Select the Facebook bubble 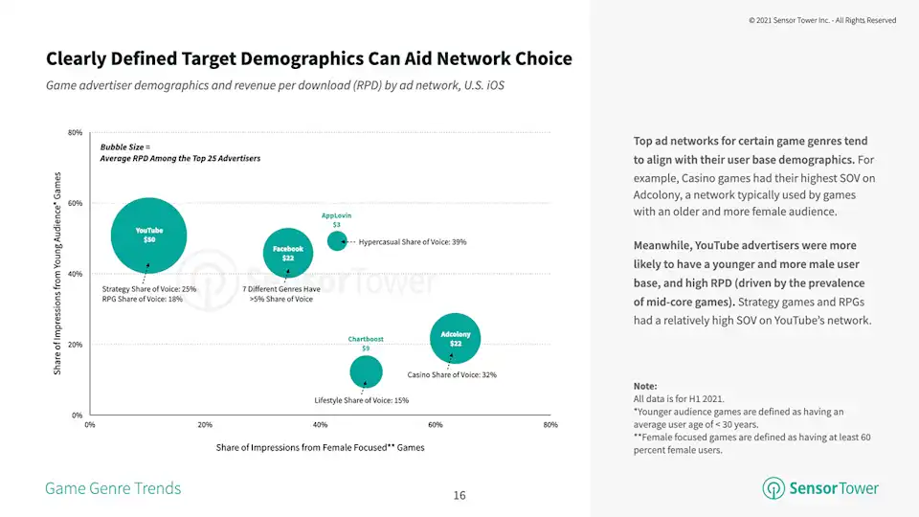pos(287,253)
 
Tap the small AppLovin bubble pos(337,241)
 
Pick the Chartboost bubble pos(366,371)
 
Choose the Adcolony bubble pos(456,339)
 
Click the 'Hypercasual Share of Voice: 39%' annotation pos(412,242)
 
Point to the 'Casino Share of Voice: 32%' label pos(452,374)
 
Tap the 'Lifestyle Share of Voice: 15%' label pos(361,400)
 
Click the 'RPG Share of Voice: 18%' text pos(142,299)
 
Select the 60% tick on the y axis pos(75,203)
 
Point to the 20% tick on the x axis pos(205,424)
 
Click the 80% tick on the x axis pos(549,424)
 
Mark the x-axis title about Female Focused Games pos(320,447)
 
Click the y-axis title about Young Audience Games pos(57,273)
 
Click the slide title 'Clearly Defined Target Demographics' pos(308,58)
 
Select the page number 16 pos(459,495)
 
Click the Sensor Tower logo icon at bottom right pos(773,488)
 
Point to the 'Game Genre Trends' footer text pos(113,488)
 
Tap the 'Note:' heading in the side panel pos(645,386)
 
